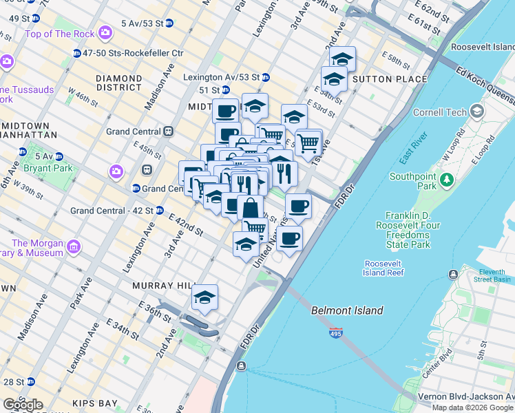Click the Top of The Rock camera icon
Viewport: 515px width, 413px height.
(105, 32)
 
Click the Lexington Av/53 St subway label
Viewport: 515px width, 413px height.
(220, 77)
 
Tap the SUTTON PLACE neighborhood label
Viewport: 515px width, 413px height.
(380, 79)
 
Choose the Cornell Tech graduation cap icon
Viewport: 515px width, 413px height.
(476, 112)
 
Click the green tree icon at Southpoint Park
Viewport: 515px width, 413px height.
(447, 180)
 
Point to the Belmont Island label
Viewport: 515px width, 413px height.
(347, 310)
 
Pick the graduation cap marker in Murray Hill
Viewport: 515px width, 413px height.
(204, 297)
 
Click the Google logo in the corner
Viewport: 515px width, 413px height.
(22, 405)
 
